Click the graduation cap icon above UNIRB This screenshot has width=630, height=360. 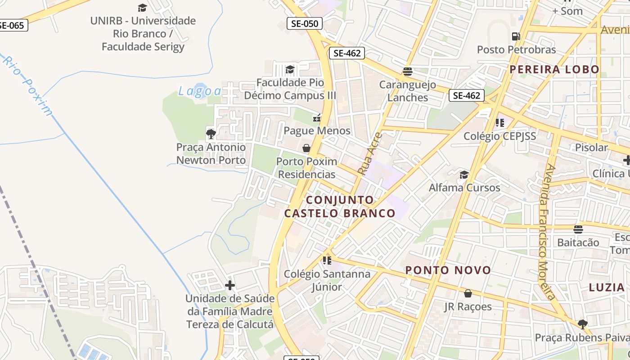[142, 8]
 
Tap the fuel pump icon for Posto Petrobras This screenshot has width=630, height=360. [516, 36]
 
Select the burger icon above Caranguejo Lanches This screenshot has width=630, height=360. [408, 72]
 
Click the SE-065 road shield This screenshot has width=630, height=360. [12, 25]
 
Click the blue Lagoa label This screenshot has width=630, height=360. [200, 91]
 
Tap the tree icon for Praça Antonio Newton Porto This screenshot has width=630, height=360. [211, 134]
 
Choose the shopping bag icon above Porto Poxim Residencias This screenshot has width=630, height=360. [306, 148]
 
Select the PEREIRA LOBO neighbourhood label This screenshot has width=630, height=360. [554, 69]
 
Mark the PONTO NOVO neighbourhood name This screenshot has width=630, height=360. [448, 270]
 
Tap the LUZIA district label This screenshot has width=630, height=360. [607, 287]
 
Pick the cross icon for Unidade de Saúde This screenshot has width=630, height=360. [230, 285]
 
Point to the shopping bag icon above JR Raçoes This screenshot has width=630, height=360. [468, 293]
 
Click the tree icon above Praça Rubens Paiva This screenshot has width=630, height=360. [582, 324]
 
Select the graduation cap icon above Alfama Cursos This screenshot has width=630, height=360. [464, 175]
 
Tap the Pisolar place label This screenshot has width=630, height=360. [591, 148]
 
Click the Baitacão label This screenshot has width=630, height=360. [578, 243]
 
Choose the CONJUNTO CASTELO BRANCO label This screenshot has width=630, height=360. [340, 207]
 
